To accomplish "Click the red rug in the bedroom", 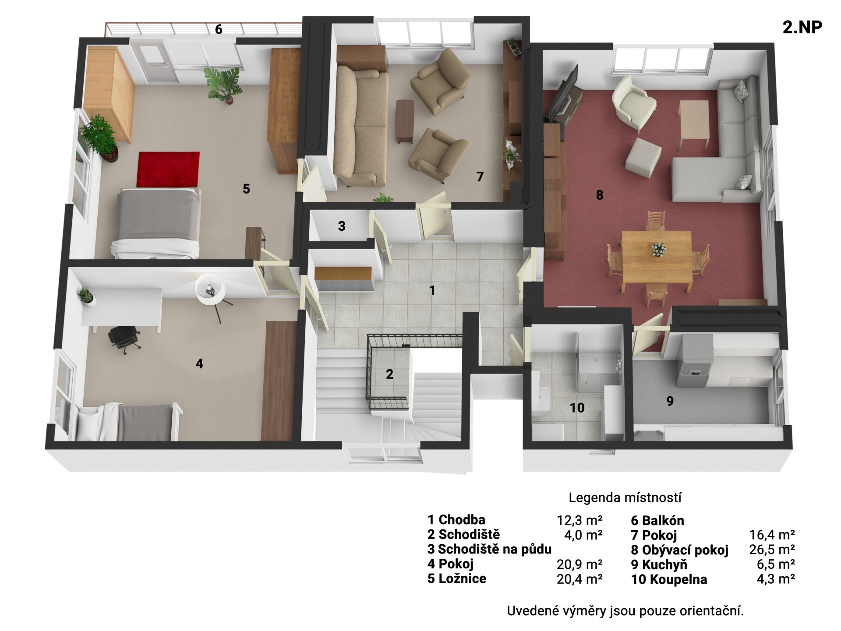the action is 168,169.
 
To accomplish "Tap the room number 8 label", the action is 600,195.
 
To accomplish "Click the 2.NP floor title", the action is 802,27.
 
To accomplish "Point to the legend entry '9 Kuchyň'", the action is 659,565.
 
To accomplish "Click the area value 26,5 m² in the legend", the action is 772,549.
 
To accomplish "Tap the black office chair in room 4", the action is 124,338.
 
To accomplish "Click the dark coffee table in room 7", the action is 405,121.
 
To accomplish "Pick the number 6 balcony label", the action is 219,29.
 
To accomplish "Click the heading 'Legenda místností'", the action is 625,498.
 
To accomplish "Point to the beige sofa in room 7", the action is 361,125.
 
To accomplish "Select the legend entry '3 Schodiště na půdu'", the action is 489,549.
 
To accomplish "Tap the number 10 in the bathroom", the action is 577,408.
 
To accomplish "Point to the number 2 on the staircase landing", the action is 389,374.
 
